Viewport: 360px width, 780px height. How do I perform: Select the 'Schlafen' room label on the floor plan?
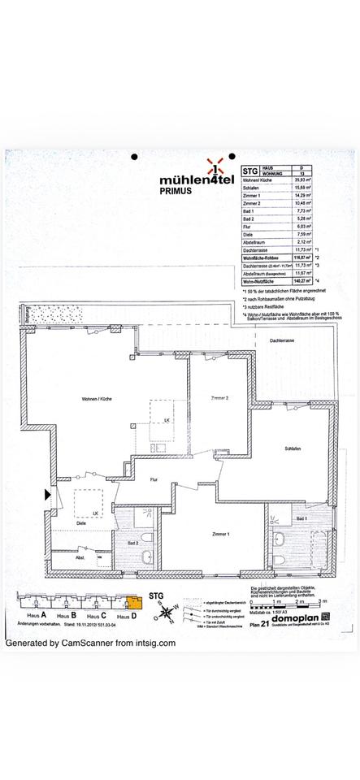(x=294, y=449)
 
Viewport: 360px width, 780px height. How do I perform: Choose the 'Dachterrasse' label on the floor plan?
(x=282, y=341)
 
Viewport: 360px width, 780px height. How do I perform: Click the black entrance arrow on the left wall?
(x=48, y=493)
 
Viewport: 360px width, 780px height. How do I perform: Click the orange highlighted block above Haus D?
(x=133, y=602)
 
